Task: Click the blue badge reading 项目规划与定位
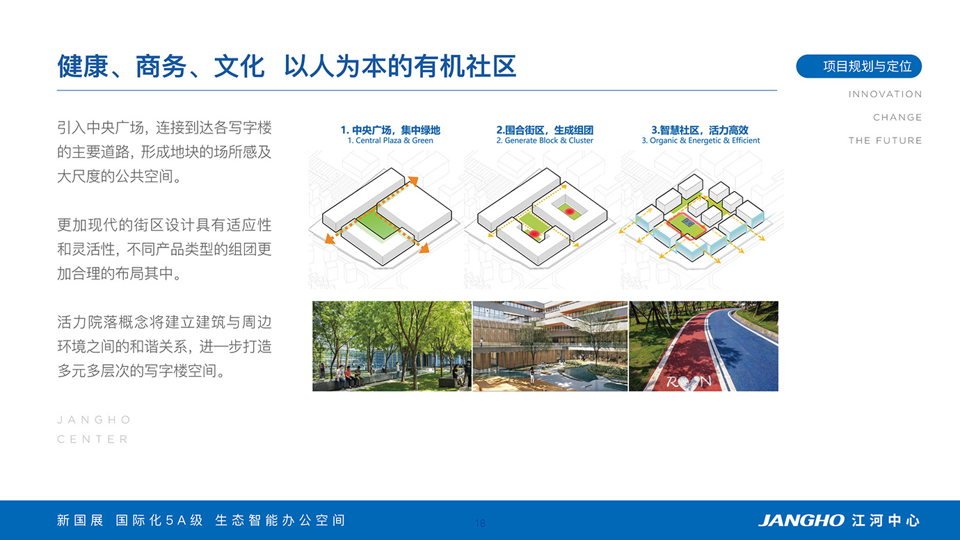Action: (859, 67)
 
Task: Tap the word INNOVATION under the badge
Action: (885, 95)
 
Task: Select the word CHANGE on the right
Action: (897, 117)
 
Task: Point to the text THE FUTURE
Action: (885, 140)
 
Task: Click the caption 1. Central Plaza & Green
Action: (390, 140)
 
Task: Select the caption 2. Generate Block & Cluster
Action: (545, 140)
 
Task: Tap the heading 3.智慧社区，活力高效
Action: (700, 130)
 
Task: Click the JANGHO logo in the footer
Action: (801, 521)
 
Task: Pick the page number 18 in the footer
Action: (480, 523)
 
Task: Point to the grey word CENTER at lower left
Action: (93, 439)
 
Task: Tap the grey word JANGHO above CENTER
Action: (94, 420)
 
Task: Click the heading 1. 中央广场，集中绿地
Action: (390, 130)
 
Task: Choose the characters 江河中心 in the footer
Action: (886, 521)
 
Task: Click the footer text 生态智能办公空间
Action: (280, 521)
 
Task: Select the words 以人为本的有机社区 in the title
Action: (400, 67)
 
